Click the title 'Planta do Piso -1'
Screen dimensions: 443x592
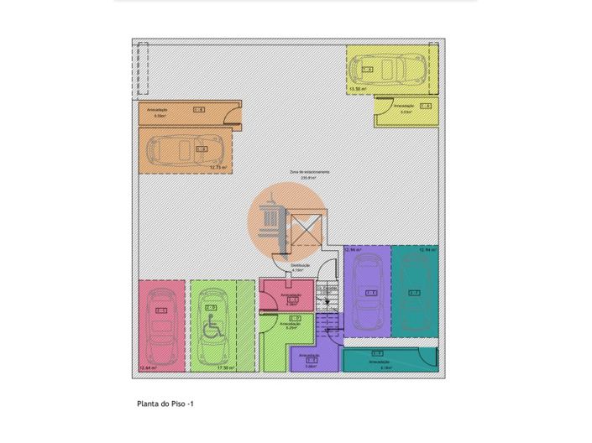tap(165, 404)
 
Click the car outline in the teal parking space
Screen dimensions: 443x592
tap(414, 293)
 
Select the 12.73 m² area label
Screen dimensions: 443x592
tap(218, 168)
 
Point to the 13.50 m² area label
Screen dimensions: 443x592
tap(357, 88)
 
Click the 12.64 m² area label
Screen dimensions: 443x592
tap(147, 367)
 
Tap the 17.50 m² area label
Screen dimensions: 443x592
tap(225, 367)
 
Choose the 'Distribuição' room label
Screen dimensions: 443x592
tap(301, 266)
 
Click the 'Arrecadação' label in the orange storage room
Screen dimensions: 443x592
tap(157, 110)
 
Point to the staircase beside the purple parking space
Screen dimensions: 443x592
tap(328, 310)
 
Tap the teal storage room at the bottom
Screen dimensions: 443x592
tap(389, 358)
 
